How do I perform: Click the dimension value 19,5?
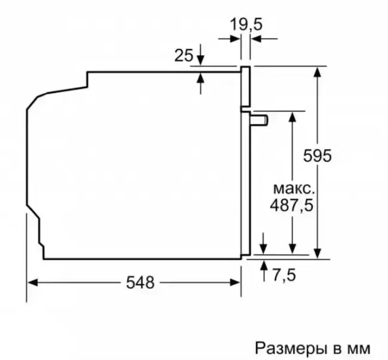[x=246, y=24]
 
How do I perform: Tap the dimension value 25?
[x=184, y=56]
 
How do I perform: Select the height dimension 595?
[x=317, y=156]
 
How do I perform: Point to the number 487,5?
[x=291, y=205]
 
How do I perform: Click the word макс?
[x=294, y=189]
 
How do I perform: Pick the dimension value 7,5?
[x=284, y=275]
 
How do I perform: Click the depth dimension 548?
[x=140, y=282]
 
